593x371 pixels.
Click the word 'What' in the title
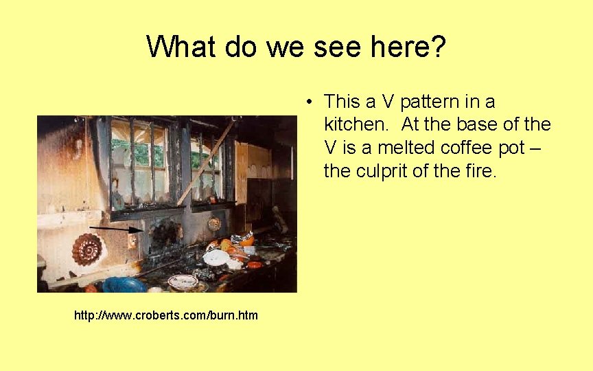pos(176,47)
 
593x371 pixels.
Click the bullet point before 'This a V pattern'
pos(311,102)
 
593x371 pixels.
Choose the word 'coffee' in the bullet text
pos(457,148)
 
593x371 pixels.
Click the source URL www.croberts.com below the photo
pos(166,315)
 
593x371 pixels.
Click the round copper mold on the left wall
pos(87,249)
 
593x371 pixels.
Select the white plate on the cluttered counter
pos(216,258)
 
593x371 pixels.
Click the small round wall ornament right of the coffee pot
pos(214,223)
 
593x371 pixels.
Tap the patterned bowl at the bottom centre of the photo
pos(183,281)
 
